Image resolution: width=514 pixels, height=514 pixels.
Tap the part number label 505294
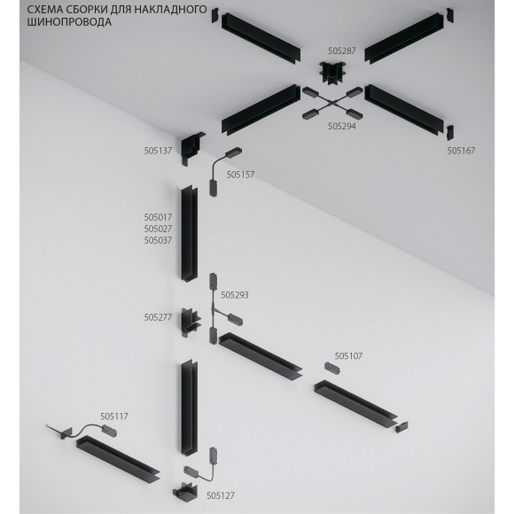[x=341, y=127]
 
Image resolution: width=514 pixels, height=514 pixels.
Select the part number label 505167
[x=461, y=152]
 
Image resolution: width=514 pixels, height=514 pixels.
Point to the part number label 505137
[x=158, y=152]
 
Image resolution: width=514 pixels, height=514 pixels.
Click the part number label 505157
[x=240, y=175]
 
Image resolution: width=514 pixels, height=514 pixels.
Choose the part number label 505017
[x=158, y=216]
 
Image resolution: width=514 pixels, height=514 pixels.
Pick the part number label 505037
[x=158, y=240]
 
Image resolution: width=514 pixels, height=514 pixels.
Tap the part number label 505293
[x=235, y=294]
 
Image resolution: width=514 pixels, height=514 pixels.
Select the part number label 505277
[x=158, y=316]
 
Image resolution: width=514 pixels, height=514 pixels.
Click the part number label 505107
[x=349, y=355]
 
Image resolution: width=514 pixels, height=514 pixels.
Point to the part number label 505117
[x=114, y=415]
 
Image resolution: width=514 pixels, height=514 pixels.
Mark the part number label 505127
[x=221, y=496]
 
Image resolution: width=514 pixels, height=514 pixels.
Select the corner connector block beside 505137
[x=191, y=150]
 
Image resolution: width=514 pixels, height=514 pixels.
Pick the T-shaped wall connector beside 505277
[x=191, y=320]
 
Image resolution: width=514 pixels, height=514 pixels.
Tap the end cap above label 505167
[x=448, y=134]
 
